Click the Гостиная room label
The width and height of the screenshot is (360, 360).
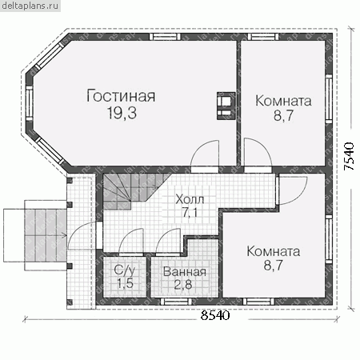(x=121, y=96)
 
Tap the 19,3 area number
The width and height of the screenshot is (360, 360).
(x=122, y=113)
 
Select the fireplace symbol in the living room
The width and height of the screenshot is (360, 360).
(x=226, y=106)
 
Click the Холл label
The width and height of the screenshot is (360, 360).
(x=190, y=199)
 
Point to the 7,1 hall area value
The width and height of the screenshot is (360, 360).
(x=190, y=213)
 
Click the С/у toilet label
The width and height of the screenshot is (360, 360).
(x=125, y=270)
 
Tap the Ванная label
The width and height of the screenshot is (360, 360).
(x=185, y=272)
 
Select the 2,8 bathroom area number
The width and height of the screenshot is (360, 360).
(x=183, y=285)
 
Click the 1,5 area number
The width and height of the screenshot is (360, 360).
(x=125, y=283)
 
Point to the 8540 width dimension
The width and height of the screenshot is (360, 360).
(x=215, y=315)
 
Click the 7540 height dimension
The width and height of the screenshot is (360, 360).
(x=349, y=156)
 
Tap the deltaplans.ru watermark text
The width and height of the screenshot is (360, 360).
(x=30, y=6)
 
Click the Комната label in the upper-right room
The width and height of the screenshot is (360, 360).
(x=283, y=101)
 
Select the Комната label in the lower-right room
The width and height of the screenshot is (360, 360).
(x=274, y=251)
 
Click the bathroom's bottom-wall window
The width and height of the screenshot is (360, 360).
(x=176, y=302)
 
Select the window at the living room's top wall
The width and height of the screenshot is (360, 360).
(x=165, y=37)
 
